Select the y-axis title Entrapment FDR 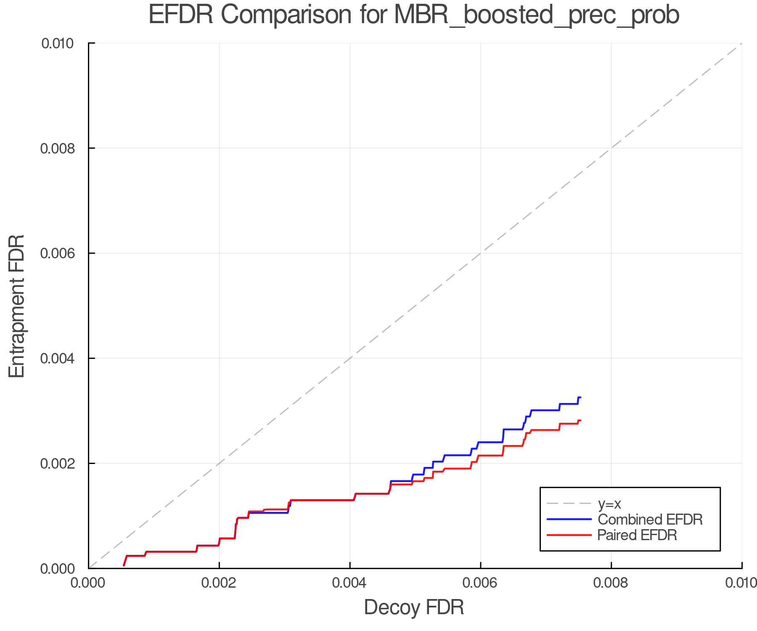[x=17, y=306]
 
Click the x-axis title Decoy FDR [x=414, y=607]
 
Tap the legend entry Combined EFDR [x=650, y=520]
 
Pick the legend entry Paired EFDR [x=637, y=535]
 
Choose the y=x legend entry [x=609, y=504]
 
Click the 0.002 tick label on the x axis [x=219, y=583]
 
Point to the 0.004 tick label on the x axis [x=350, y=583]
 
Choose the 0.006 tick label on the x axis [x=480, y=583]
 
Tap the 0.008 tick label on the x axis [x=611, y=583]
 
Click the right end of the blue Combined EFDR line [x=580, y=398]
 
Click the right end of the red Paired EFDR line [x=580, y=421]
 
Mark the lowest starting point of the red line [x=124, y=565]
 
